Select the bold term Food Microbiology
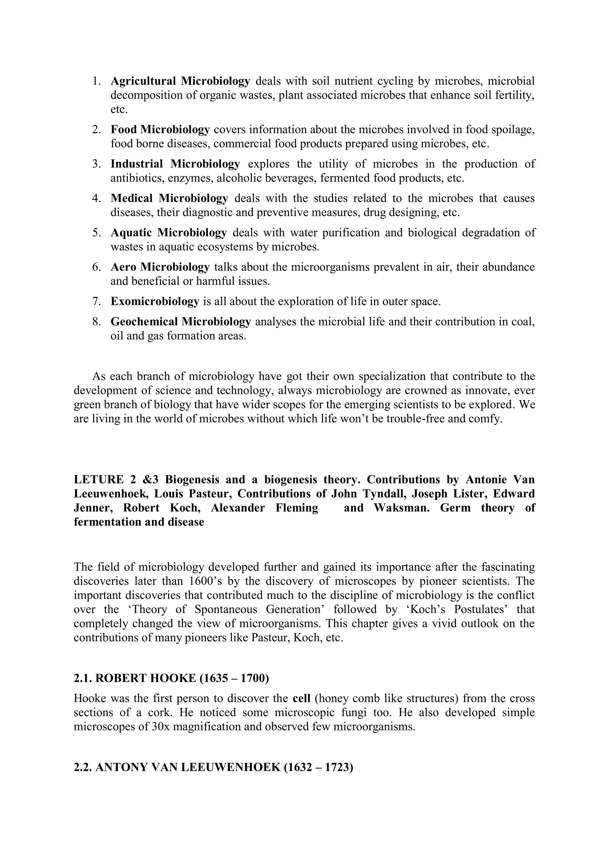(x=160, y=129)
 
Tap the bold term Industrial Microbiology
(x=175, y=164)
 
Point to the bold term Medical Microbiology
(x=169, y=198)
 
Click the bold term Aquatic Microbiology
(x=169, y=233)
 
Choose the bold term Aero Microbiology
(x=160, y=267)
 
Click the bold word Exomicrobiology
(x=155, y=302)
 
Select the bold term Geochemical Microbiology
(x=180, y=321)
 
